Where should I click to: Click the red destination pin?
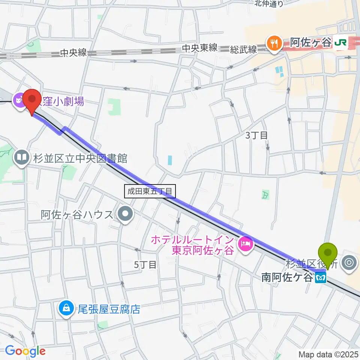coord(32,100)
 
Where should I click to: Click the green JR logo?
coord(340,43)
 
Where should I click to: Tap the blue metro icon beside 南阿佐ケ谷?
coord(321,278)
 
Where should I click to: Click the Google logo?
coord(25,351)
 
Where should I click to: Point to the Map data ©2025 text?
coord(328,354)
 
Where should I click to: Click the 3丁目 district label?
coord(256,135)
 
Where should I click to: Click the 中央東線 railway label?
coord(200,48)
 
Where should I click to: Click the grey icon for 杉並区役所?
coord(350,262)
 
